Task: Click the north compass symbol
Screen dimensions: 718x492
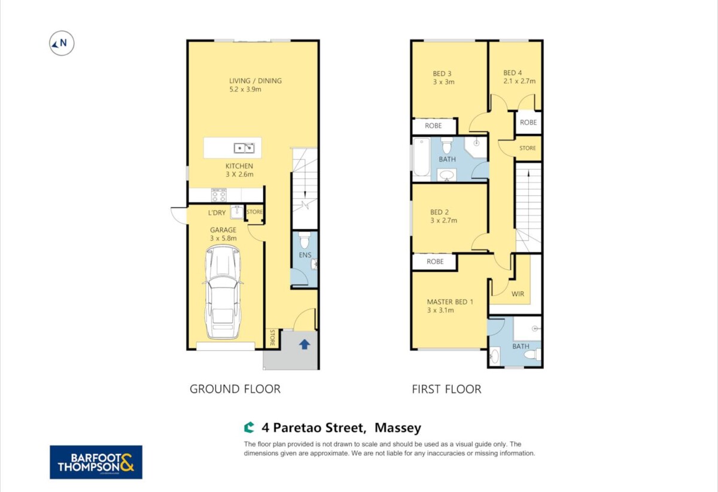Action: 62,43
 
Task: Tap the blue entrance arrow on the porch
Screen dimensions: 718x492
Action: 305,345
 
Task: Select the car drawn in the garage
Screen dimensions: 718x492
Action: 223,292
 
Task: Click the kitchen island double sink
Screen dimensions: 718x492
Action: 244,148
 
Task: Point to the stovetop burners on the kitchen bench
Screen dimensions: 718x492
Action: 218,195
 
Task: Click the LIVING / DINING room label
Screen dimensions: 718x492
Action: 255,81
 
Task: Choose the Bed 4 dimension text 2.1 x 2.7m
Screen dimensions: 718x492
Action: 519,81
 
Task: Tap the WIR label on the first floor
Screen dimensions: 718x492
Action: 518,294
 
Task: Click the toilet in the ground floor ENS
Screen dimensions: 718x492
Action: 305,240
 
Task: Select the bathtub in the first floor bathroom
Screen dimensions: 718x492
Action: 421,157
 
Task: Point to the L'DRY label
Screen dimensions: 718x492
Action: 217,212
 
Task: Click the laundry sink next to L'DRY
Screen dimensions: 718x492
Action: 237,212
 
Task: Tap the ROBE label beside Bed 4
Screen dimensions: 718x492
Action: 528,122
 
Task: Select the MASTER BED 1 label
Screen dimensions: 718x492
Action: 450,302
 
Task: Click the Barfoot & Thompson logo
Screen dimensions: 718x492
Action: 96,462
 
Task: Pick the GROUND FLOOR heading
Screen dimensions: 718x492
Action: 235,389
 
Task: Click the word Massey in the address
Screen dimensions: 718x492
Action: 398,428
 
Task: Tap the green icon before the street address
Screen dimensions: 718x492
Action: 249,427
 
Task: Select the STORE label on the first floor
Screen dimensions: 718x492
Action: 527,148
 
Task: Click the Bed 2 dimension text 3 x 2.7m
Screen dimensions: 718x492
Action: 443,220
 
